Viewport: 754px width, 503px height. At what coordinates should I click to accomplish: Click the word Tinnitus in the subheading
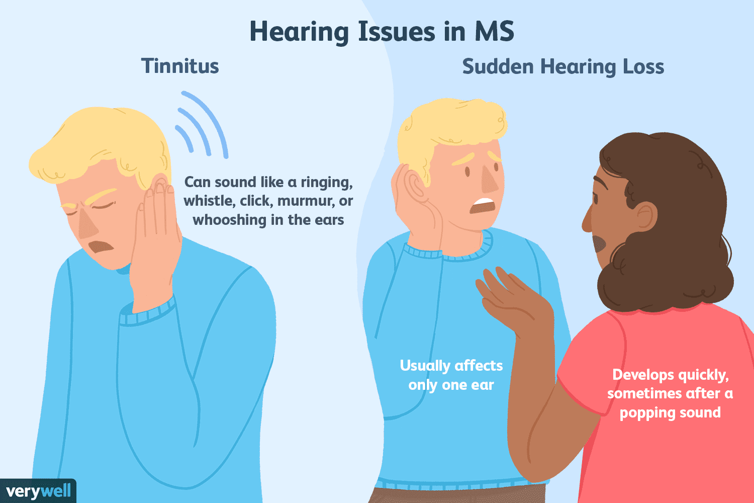pyautogui.click(x=180, y=66)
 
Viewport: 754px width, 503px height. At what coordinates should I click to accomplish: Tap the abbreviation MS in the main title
pyautogui.click(x=495, y=32)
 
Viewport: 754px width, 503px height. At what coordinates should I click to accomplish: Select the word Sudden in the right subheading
pyautogui.click(x=497, y=66)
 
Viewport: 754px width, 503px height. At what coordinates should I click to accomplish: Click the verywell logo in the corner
pyautogui.click(x=38, y=490)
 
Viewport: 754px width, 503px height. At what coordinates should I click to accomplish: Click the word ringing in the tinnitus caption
pyautogui.click(x=326, y=182)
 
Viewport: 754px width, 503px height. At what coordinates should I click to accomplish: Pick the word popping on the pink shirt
pyautogui.click(x=643, y=413)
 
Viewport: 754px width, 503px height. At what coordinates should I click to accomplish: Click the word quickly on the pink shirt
pyautogui.click(x=703, y=375)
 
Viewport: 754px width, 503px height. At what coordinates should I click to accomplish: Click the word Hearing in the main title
pyautogui.click(x=300, y=32)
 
